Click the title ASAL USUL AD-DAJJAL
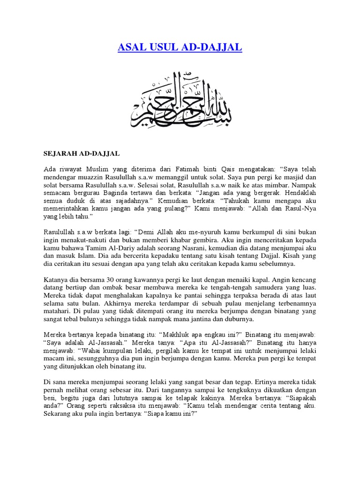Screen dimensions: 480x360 coord(180,48)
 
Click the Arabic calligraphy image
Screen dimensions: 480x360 coord(180,99)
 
